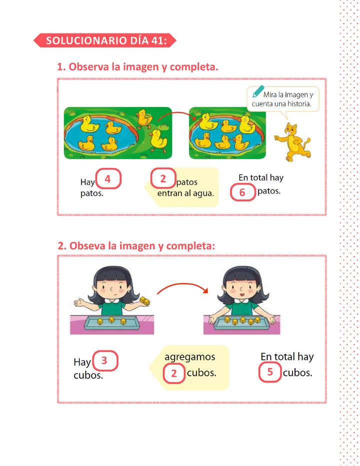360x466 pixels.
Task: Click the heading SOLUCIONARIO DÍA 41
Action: coord(106,41)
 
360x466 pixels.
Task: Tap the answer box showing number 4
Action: coord(107,178)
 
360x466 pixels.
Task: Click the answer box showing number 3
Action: coord(104,360)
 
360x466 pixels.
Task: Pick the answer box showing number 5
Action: coord(270,372)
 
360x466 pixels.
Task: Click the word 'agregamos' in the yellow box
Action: coord(189,357)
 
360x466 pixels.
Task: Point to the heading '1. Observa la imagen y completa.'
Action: coord(137,67)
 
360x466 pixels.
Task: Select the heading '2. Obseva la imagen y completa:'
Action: coord(136,246)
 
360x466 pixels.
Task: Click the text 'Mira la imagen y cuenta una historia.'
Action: coord(283,99)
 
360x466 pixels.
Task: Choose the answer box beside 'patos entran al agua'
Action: coord(163,178)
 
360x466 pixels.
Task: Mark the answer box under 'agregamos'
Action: coord(173,373)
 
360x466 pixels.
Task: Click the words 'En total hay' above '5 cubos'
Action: coord(287,357)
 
